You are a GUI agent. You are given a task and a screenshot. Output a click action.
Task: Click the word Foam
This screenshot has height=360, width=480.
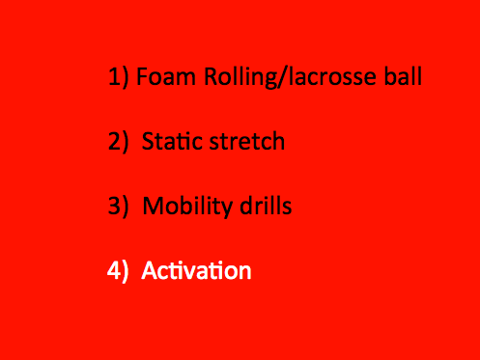(166, 76)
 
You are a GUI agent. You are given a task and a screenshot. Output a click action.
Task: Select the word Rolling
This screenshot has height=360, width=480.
(240, 77)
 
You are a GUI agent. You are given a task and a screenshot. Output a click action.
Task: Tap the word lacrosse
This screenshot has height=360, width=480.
(332, 76)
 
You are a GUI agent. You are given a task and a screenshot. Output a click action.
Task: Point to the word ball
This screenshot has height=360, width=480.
(403, 76)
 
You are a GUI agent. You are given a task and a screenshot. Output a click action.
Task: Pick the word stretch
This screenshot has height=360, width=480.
(247, 141)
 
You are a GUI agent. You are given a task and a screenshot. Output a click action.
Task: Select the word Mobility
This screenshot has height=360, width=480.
(187, 207)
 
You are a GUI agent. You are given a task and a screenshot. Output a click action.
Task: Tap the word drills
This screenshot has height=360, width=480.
(266, 205)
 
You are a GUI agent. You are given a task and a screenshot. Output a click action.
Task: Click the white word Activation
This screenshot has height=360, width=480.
(196, 270)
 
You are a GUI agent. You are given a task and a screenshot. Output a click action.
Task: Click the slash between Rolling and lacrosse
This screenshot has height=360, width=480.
(282, 77)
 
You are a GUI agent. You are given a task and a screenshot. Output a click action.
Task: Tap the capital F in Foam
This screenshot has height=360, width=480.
(142, 76)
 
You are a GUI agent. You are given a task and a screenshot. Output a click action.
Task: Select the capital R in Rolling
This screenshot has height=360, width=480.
(212, 76)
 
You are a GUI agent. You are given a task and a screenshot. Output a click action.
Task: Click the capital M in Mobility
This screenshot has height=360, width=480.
(154, 206)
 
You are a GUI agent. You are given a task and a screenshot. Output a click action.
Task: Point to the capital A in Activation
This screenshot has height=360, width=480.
(151, 270)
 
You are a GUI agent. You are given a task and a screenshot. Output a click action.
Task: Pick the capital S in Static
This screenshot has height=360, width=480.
(149, 141)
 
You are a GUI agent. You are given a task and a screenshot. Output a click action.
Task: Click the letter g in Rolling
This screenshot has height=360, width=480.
(269, 80)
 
